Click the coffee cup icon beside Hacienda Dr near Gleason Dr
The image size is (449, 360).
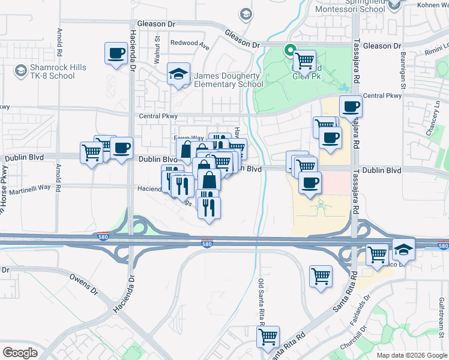click(x=116, y=53)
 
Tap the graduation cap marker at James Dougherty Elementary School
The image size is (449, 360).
click(x=178, y=74)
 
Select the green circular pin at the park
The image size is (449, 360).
click(x=290, y=51)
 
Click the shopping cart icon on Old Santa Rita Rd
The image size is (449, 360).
click(x=268, y=336)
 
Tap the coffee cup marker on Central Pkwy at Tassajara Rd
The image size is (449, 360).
click(x=351, y=107)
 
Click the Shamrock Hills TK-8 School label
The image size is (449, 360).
click(x=51, y=72)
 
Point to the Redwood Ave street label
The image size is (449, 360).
click(x=190, y=44)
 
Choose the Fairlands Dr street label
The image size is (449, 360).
click(x=360, y=307)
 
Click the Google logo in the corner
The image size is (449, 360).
click(x=20, y=353)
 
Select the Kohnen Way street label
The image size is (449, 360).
click(x=432, y=5)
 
